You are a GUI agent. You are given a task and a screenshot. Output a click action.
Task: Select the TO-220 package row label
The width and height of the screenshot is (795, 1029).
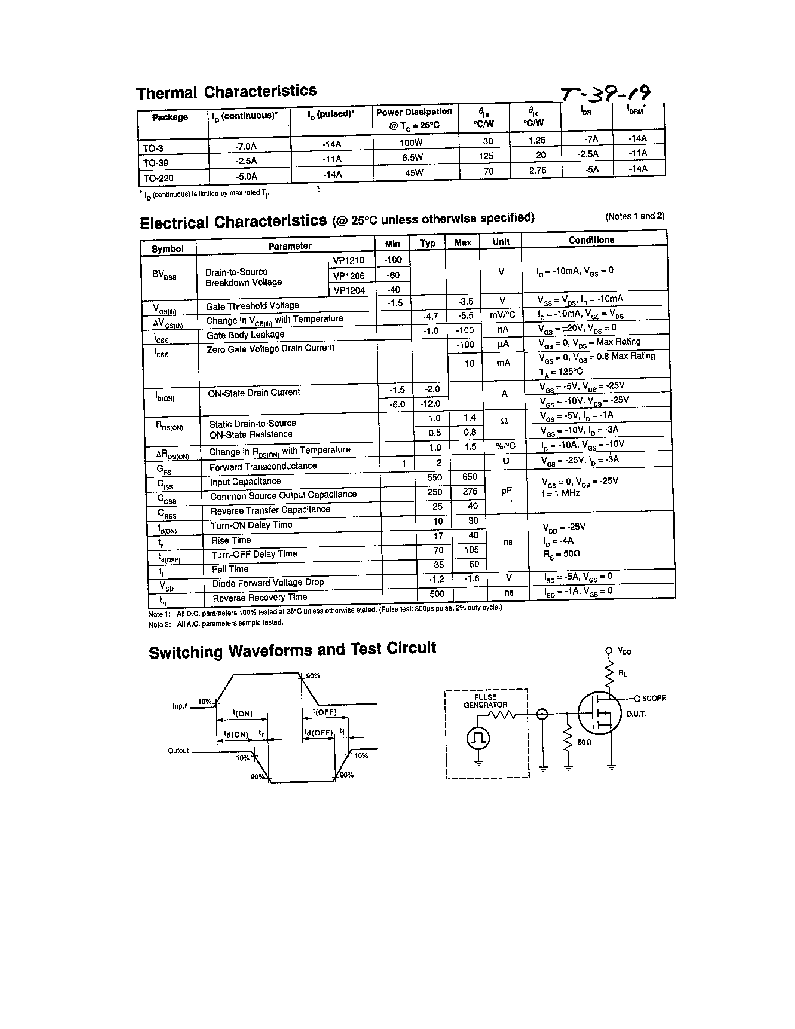coord(158,178)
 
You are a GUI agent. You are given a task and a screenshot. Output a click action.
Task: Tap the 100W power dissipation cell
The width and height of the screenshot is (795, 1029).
coord(411,142)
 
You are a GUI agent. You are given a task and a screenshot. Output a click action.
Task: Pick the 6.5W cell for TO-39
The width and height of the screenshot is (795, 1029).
coord(413,158)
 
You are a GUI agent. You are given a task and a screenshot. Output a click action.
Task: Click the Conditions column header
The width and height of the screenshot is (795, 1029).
coord(591,240)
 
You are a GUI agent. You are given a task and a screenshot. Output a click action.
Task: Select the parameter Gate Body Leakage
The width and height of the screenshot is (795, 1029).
coord(245,335)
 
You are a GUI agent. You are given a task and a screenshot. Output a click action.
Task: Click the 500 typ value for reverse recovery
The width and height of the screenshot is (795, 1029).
coord(437,594)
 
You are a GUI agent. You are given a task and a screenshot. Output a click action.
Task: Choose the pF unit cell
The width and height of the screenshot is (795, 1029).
coord(506,491)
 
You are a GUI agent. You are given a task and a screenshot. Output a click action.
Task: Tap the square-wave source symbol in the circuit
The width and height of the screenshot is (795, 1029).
coord(478,738)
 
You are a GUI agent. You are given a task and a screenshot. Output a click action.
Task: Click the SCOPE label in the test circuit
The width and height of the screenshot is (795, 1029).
coord(654,698)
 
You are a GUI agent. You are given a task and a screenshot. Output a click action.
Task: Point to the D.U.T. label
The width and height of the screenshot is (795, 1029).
coord(636,714)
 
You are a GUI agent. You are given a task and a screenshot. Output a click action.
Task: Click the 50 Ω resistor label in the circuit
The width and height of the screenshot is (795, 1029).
coord(584,742)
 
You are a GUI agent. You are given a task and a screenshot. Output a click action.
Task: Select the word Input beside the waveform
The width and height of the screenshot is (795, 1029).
coord(180,706)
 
